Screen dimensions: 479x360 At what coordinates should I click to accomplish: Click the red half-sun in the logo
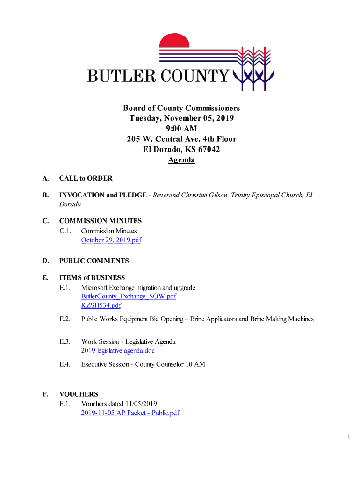(174, 41)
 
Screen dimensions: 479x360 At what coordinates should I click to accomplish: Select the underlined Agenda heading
(181, 160)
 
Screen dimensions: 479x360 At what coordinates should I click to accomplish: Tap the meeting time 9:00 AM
(181, 129)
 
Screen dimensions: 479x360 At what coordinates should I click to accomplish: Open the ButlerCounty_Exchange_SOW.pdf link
(129, 297)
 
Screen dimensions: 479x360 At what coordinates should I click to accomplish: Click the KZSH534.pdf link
(101, 305)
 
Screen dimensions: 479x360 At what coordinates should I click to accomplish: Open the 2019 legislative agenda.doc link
(118, 350)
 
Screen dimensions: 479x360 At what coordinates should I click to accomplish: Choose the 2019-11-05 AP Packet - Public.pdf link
(130, 413)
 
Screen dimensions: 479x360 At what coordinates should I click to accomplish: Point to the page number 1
(349, 437)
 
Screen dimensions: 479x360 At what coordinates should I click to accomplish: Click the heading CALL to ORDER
(86, 178)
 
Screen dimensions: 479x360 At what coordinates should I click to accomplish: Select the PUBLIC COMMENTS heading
(94, 261)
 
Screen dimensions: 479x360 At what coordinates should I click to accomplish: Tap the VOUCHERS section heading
(79, 394)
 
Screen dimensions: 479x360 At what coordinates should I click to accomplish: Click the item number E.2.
(65, 319)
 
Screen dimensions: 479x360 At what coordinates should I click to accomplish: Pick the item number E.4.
(65, 364)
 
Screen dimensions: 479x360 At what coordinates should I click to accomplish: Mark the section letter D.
(45, 261)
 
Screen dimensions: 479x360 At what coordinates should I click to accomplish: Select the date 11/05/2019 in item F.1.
(140, 404)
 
